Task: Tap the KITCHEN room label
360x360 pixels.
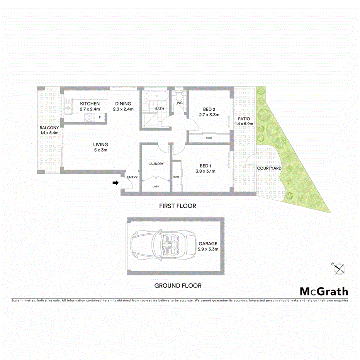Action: click(90, 104)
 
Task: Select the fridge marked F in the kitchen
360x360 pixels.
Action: click(100, 117)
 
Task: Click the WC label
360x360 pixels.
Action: click(180, 103)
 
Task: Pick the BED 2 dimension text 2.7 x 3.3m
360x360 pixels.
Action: click(209, 115)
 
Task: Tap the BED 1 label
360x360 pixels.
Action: click(205, 165)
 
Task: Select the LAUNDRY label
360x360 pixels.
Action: click(156, 164)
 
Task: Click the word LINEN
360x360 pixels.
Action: click(156, 187)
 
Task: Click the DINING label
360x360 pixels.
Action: click(122, 104)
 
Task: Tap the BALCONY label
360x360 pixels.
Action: click(49, 128)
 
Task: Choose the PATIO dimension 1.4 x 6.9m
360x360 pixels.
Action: click(244, 124)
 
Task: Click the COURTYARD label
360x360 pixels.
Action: click(269, 169)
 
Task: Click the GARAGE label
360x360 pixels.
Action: click(208, 244)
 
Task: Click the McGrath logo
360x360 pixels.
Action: click(324, 291)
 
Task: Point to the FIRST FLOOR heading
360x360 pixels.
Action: click(178, 206)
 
